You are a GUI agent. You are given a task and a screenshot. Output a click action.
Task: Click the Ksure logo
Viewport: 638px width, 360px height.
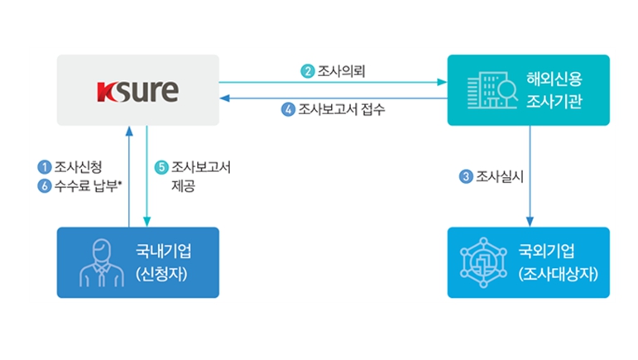click(x=137, y=89)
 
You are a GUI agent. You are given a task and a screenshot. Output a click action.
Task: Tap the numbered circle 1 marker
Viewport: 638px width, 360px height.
click(x=44, y=167)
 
